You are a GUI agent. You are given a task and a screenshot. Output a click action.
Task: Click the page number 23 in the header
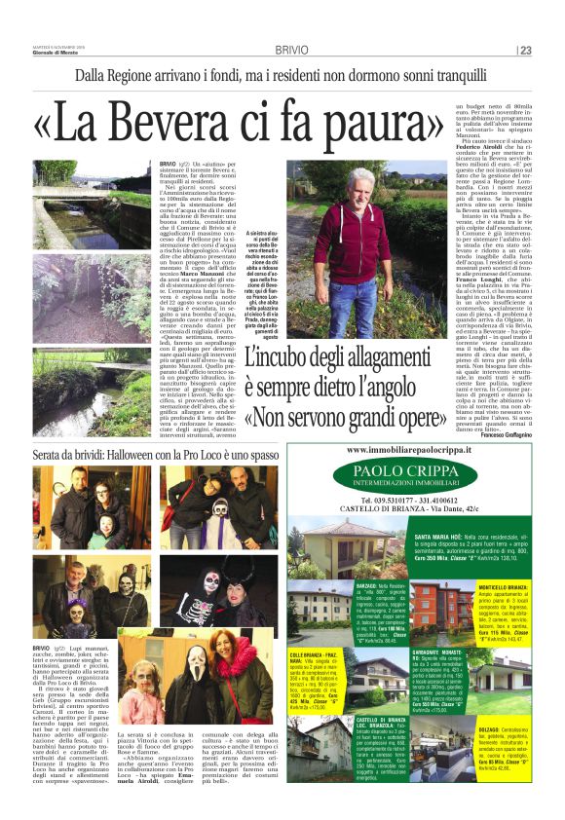pos(526,50)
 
